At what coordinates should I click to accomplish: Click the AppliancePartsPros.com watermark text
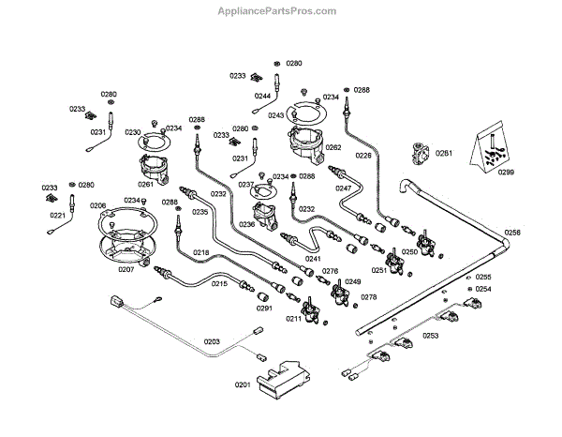281,11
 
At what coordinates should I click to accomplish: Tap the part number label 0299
506,173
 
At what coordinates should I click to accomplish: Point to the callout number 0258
512,231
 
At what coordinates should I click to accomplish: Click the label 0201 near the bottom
243,384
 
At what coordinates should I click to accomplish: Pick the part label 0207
126,269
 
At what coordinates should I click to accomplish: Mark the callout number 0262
333,148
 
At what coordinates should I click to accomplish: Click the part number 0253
430,335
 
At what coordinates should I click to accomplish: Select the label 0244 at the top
262,96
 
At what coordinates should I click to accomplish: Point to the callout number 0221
56,215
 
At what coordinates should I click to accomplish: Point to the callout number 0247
344,188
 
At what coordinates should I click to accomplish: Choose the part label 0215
219,283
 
